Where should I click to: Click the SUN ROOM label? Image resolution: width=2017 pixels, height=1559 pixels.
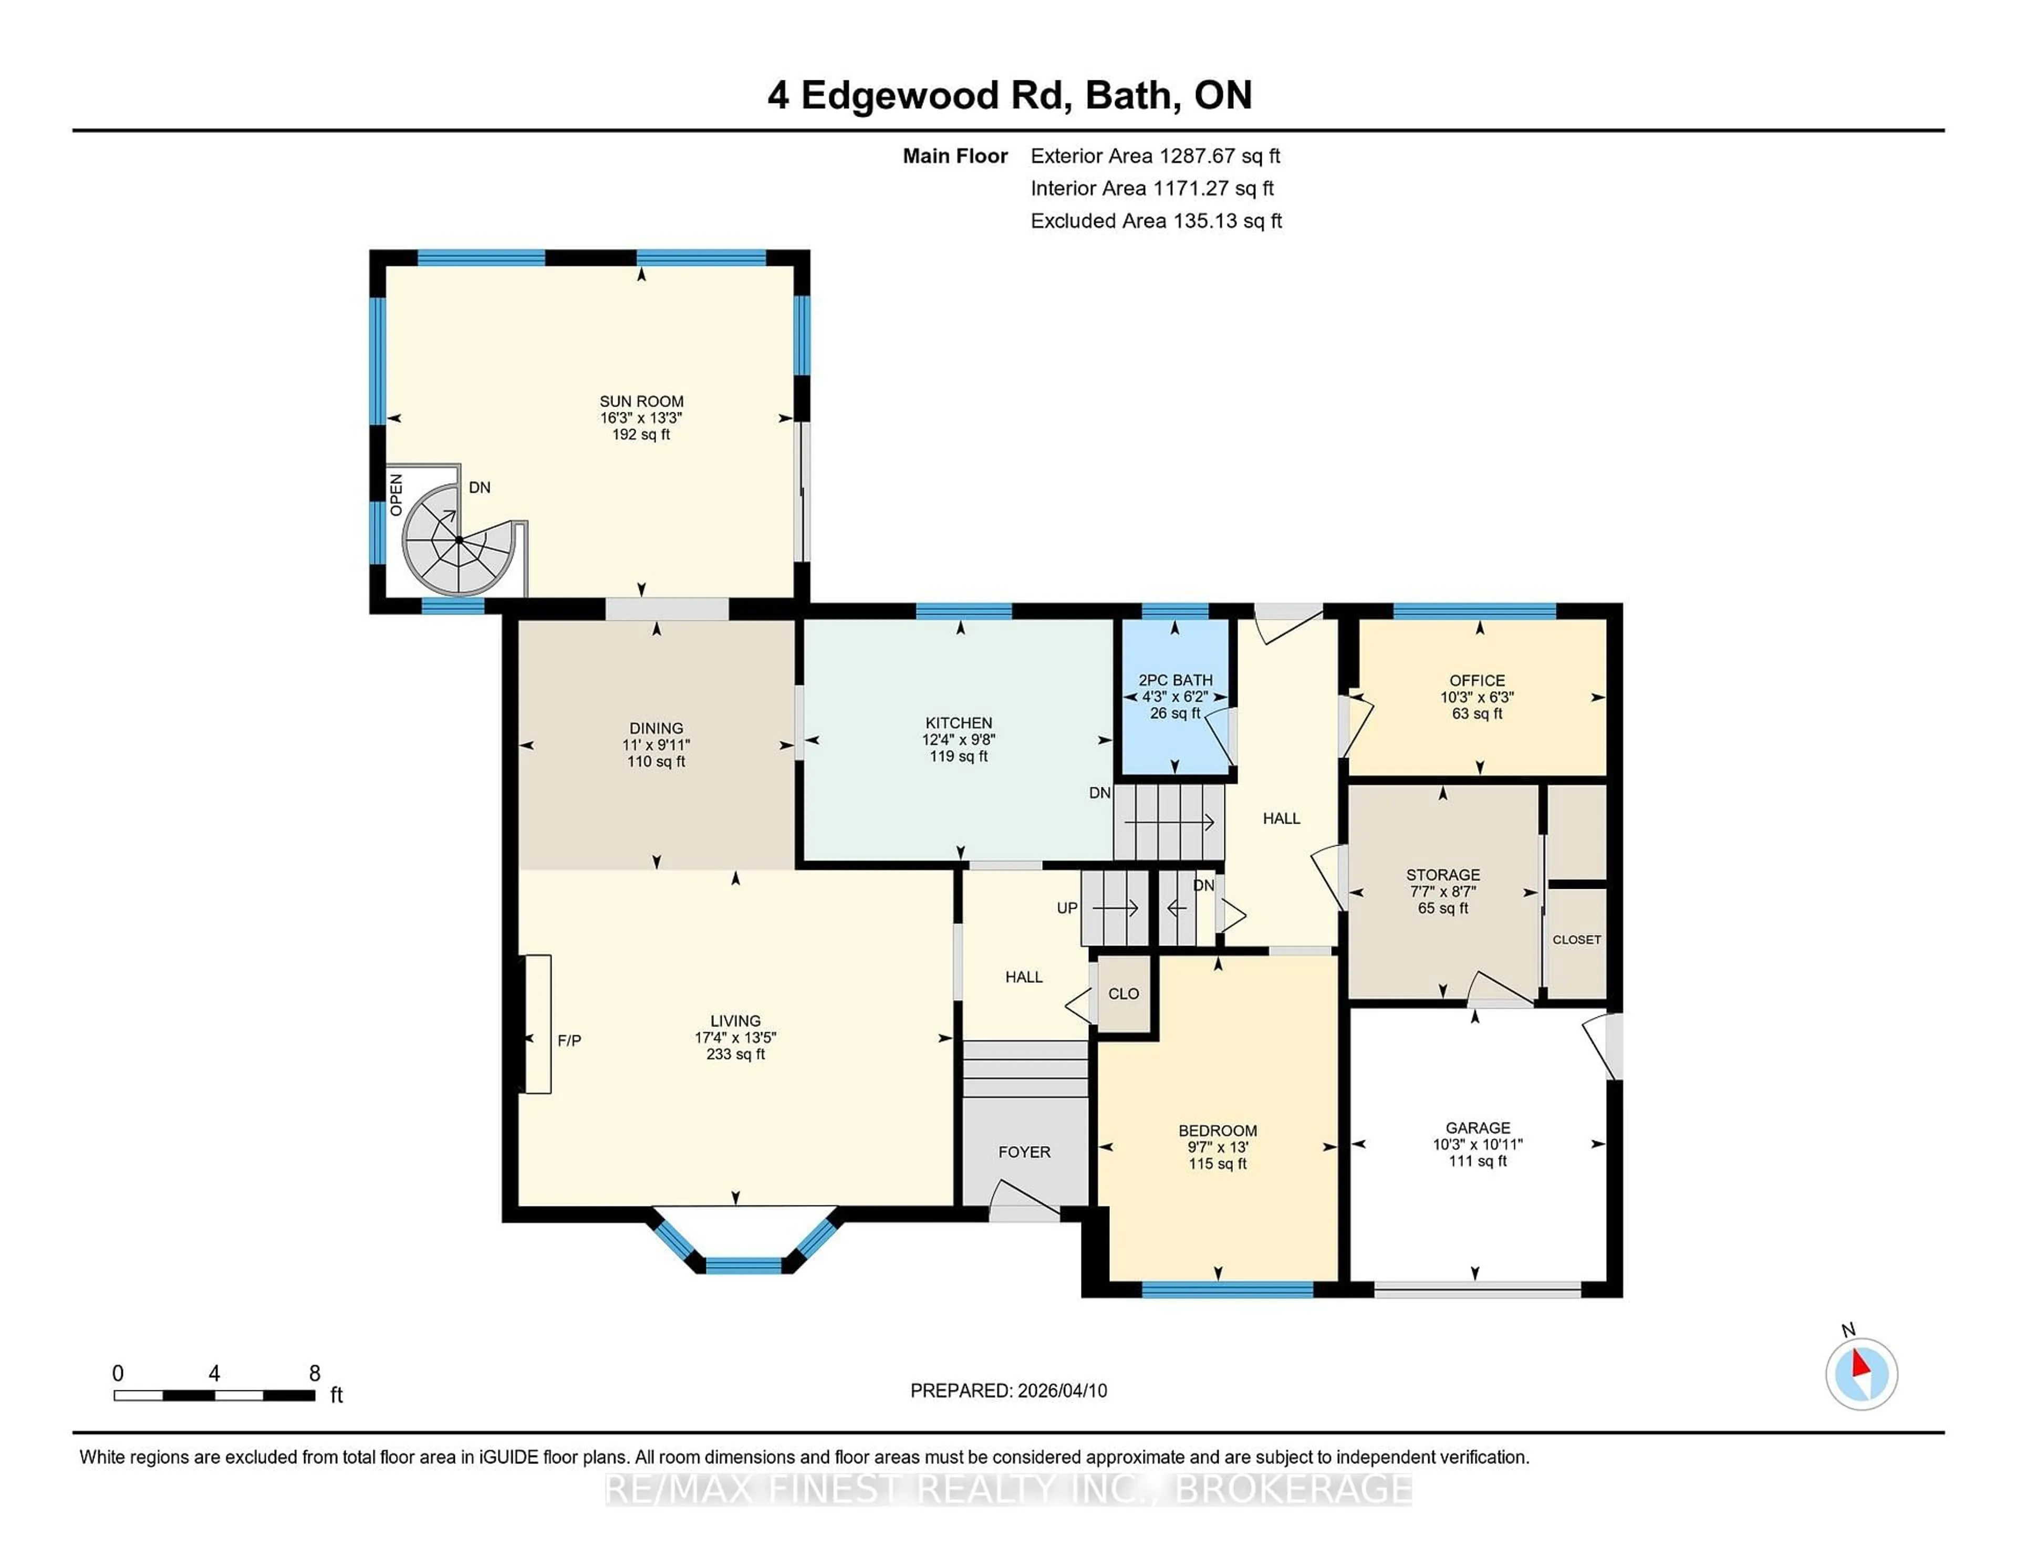pos(641,401)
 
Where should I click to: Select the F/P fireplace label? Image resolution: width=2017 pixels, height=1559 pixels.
pos(569,1041)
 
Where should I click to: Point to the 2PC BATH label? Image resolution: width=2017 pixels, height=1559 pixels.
pos(1174,680)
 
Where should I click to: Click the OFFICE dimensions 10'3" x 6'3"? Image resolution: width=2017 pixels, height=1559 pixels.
pos(1477,698)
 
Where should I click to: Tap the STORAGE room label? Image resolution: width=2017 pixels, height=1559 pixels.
pos(1442,875)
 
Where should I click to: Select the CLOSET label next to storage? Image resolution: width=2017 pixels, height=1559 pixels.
pos(1576,939)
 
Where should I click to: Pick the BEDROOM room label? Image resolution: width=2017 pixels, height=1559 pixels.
pos(1217,1130)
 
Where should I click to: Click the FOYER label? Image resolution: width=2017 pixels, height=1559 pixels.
pos(1024,1152)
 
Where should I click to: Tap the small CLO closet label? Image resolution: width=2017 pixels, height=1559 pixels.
pos(1123,994)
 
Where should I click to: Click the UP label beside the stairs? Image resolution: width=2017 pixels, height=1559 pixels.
pos(1067,908)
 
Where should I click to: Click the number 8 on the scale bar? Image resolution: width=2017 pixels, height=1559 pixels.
pos(314,1374)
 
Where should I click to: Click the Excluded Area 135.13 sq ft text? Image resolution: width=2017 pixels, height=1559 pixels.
pos(1156,221)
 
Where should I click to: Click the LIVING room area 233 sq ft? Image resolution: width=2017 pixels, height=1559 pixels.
pos(735,1054)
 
